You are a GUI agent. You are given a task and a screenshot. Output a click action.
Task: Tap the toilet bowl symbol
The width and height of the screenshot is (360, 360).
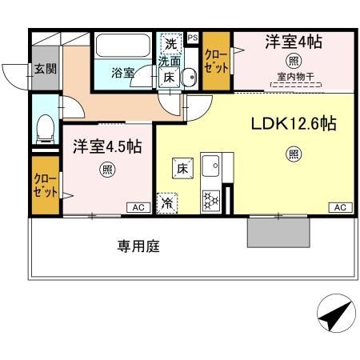coord(46,126)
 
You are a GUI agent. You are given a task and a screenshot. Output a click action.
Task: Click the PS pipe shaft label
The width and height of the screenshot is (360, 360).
coord(192,38)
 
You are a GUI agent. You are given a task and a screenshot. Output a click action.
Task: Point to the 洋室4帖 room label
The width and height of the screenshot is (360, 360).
coord(294,42)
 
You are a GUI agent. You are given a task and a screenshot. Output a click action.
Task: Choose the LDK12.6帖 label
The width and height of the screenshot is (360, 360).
coord(294,124)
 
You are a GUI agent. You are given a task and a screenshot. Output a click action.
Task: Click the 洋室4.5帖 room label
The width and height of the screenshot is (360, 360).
coord(108,146)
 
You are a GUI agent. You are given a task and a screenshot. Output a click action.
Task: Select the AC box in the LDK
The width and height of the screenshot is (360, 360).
coord(339,208)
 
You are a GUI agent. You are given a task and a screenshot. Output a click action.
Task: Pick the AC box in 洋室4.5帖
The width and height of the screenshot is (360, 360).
coord(138,208)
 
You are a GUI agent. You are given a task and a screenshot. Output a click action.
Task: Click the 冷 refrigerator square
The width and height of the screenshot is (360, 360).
coord(167,204)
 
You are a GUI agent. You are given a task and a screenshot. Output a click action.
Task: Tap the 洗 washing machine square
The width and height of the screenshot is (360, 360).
coord(170,42)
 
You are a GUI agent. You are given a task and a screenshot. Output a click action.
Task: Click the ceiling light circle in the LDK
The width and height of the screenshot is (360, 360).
coord(294,154)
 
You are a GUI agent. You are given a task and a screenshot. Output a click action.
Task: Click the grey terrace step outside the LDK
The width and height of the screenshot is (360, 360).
coord(278,233)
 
